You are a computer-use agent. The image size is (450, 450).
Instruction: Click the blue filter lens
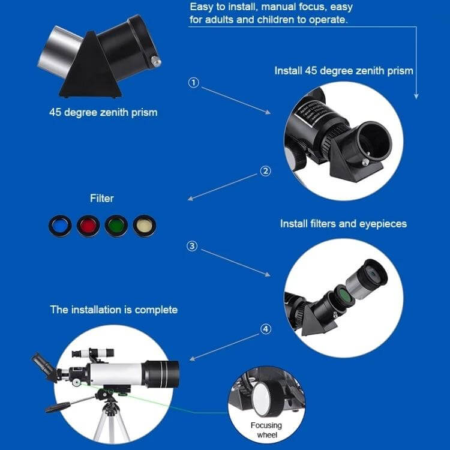tap(60, 226)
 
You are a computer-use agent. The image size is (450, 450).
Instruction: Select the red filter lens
tap(88, 226)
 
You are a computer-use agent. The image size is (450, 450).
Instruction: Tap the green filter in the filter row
tap(116, 226)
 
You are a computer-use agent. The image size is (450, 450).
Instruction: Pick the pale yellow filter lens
tap(145, 226)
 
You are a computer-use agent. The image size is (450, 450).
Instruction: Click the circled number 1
tap(193, 83)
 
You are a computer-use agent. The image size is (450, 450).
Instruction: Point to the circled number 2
tap(265, 171)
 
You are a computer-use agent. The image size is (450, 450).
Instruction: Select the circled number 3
tap(192, 246)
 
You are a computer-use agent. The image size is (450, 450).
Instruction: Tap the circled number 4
tap(265, 329)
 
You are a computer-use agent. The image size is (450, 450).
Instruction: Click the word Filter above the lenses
tap(102, 199)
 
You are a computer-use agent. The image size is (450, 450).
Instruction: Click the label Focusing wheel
tap(266, 430)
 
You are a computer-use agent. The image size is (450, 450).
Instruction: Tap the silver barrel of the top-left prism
tap(59, 51)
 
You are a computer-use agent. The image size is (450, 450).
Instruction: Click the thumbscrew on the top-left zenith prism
tap(156, 61)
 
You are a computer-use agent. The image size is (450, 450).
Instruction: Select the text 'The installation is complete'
tap(113, 310)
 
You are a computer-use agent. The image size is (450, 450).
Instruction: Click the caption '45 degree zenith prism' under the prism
tap(103, 112)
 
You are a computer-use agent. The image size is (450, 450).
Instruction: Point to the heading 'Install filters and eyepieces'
tap(344, 224)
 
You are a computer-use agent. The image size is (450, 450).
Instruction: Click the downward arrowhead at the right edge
tap(416, 96)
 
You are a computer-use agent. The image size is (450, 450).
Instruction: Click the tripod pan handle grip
tap(58, 407)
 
